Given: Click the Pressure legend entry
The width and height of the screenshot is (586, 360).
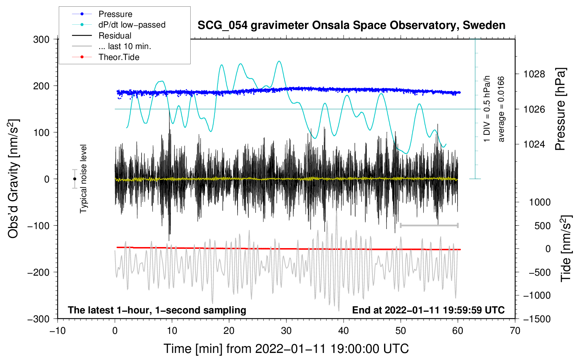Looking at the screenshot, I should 115,14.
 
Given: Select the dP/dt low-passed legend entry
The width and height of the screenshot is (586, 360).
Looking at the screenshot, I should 132,25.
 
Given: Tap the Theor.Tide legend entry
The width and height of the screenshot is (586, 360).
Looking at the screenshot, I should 119,57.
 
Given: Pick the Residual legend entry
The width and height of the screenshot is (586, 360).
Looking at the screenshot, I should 115,36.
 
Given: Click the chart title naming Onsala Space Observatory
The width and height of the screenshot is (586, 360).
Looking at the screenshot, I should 351,25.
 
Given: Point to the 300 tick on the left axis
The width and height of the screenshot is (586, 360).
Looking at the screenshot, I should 41,40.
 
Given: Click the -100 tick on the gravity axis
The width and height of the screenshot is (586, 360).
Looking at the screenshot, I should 39,226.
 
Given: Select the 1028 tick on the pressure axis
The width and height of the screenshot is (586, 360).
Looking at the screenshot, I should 534,74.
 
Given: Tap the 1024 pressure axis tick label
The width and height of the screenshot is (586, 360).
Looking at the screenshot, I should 534,144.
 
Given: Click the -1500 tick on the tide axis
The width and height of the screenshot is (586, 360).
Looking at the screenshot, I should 537,319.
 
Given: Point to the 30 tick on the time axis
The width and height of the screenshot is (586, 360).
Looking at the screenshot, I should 286,331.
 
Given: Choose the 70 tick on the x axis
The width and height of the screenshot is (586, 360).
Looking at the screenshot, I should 515,331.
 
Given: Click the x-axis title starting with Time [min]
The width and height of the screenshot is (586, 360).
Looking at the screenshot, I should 286,349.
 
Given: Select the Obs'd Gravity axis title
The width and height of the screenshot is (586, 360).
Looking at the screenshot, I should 13,179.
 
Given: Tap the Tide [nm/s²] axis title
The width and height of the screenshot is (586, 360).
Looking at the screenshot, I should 566,248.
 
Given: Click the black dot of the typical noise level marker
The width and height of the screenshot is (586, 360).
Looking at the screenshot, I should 74,179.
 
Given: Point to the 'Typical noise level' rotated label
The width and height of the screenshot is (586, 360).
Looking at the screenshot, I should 83,179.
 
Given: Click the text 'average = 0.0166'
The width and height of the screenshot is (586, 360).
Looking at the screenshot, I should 501,109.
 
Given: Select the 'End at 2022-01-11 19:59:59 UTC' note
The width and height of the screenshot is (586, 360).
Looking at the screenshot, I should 428,310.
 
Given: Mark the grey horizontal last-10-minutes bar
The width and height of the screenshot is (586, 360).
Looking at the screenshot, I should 429,225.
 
